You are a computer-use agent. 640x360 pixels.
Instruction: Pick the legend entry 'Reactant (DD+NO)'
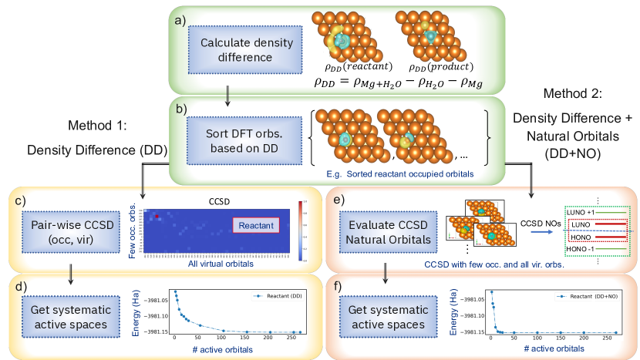tap(588, 296)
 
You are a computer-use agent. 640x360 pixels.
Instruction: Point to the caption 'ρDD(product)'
tap(435, 66)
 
